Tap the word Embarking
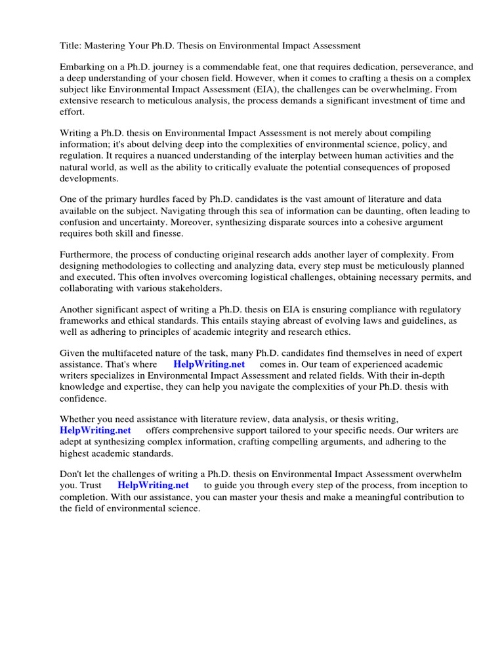[83, 67]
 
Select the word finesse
[165, 233]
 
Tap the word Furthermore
[87, 255]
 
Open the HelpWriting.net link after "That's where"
[209, 364]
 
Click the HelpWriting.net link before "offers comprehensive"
[95, 431]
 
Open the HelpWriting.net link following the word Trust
[153, 486]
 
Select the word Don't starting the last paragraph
[72, 474]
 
